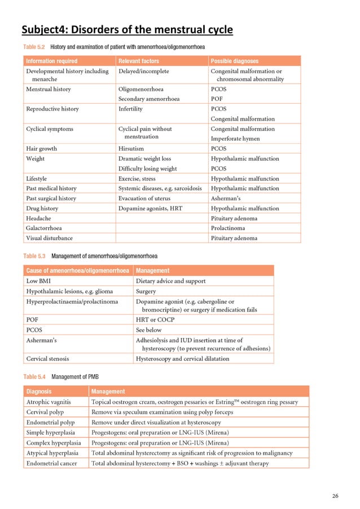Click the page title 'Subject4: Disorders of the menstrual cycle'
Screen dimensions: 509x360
pos(128,29)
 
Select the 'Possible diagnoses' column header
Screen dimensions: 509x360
pos(234,61)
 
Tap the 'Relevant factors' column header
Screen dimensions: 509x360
pos(139,61)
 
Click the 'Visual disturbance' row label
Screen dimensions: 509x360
pos(50,238)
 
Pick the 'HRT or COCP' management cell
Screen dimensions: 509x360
pos(155,319)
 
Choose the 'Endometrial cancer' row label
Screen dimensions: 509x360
pos(54,463)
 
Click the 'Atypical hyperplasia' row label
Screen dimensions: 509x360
pos(55,453)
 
